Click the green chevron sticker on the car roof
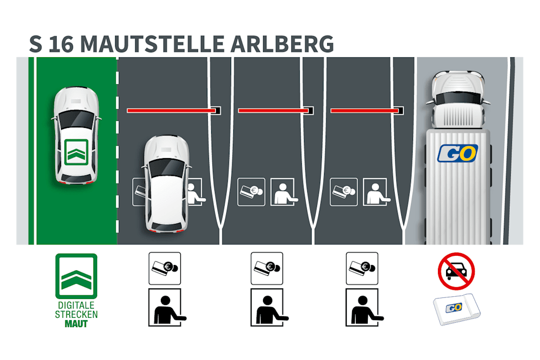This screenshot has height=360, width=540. pos(76,151)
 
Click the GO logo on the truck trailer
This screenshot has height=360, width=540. pos(457,152)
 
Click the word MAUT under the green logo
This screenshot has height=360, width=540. pos(76,324)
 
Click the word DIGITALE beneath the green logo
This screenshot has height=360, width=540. pos(76,305)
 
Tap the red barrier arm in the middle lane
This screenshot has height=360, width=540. pos(273,111)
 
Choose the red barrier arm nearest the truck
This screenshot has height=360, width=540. pos(364,111)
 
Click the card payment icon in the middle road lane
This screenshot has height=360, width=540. pos(251,192)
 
